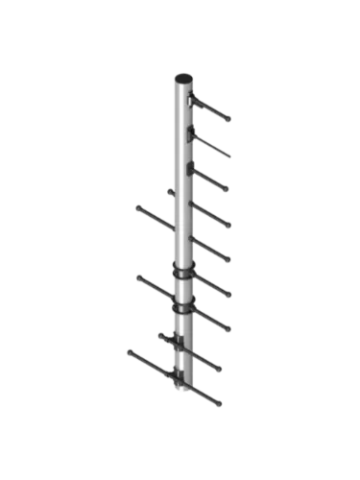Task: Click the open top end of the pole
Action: click(x=182, y=78)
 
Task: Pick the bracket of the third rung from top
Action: click(x=193, y=168)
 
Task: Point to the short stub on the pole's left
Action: click(x=169, y=191)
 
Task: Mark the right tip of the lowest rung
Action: click(x=220, y=404)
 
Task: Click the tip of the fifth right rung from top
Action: click(x=230, y=261)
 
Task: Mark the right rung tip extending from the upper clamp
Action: click(x=231, y=295)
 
